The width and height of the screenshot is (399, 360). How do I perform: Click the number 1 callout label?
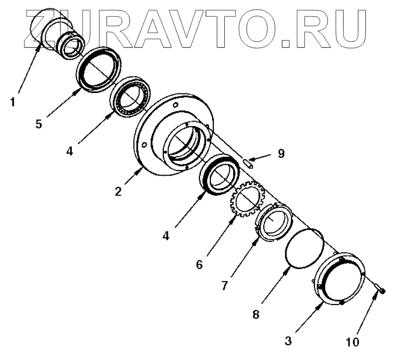click(x=12, y=103)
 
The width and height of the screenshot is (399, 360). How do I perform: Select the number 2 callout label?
click(x=118, y=191)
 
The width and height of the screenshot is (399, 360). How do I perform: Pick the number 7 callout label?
click(x=225, y=285)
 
